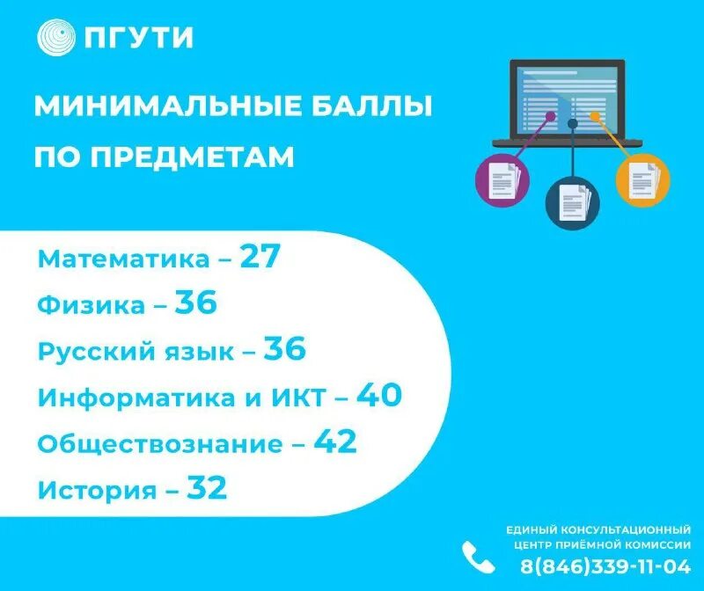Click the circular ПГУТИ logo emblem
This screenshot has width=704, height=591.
(x=57, y=38)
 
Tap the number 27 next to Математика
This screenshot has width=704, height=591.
(x=260, y=258)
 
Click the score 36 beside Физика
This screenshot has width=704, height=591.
(x=195, y=303)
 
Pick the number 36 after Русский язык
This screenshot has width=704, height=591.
(x=284, y=350)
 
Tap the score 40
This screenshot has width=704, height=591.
(x=379, y=396)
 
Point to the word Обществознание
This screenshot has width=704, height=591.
(x=160, y=444)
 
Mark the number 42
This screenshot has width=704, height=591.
(x=334, y=442)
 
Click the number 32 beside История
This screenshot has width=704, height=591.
(x=205, y=488)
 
